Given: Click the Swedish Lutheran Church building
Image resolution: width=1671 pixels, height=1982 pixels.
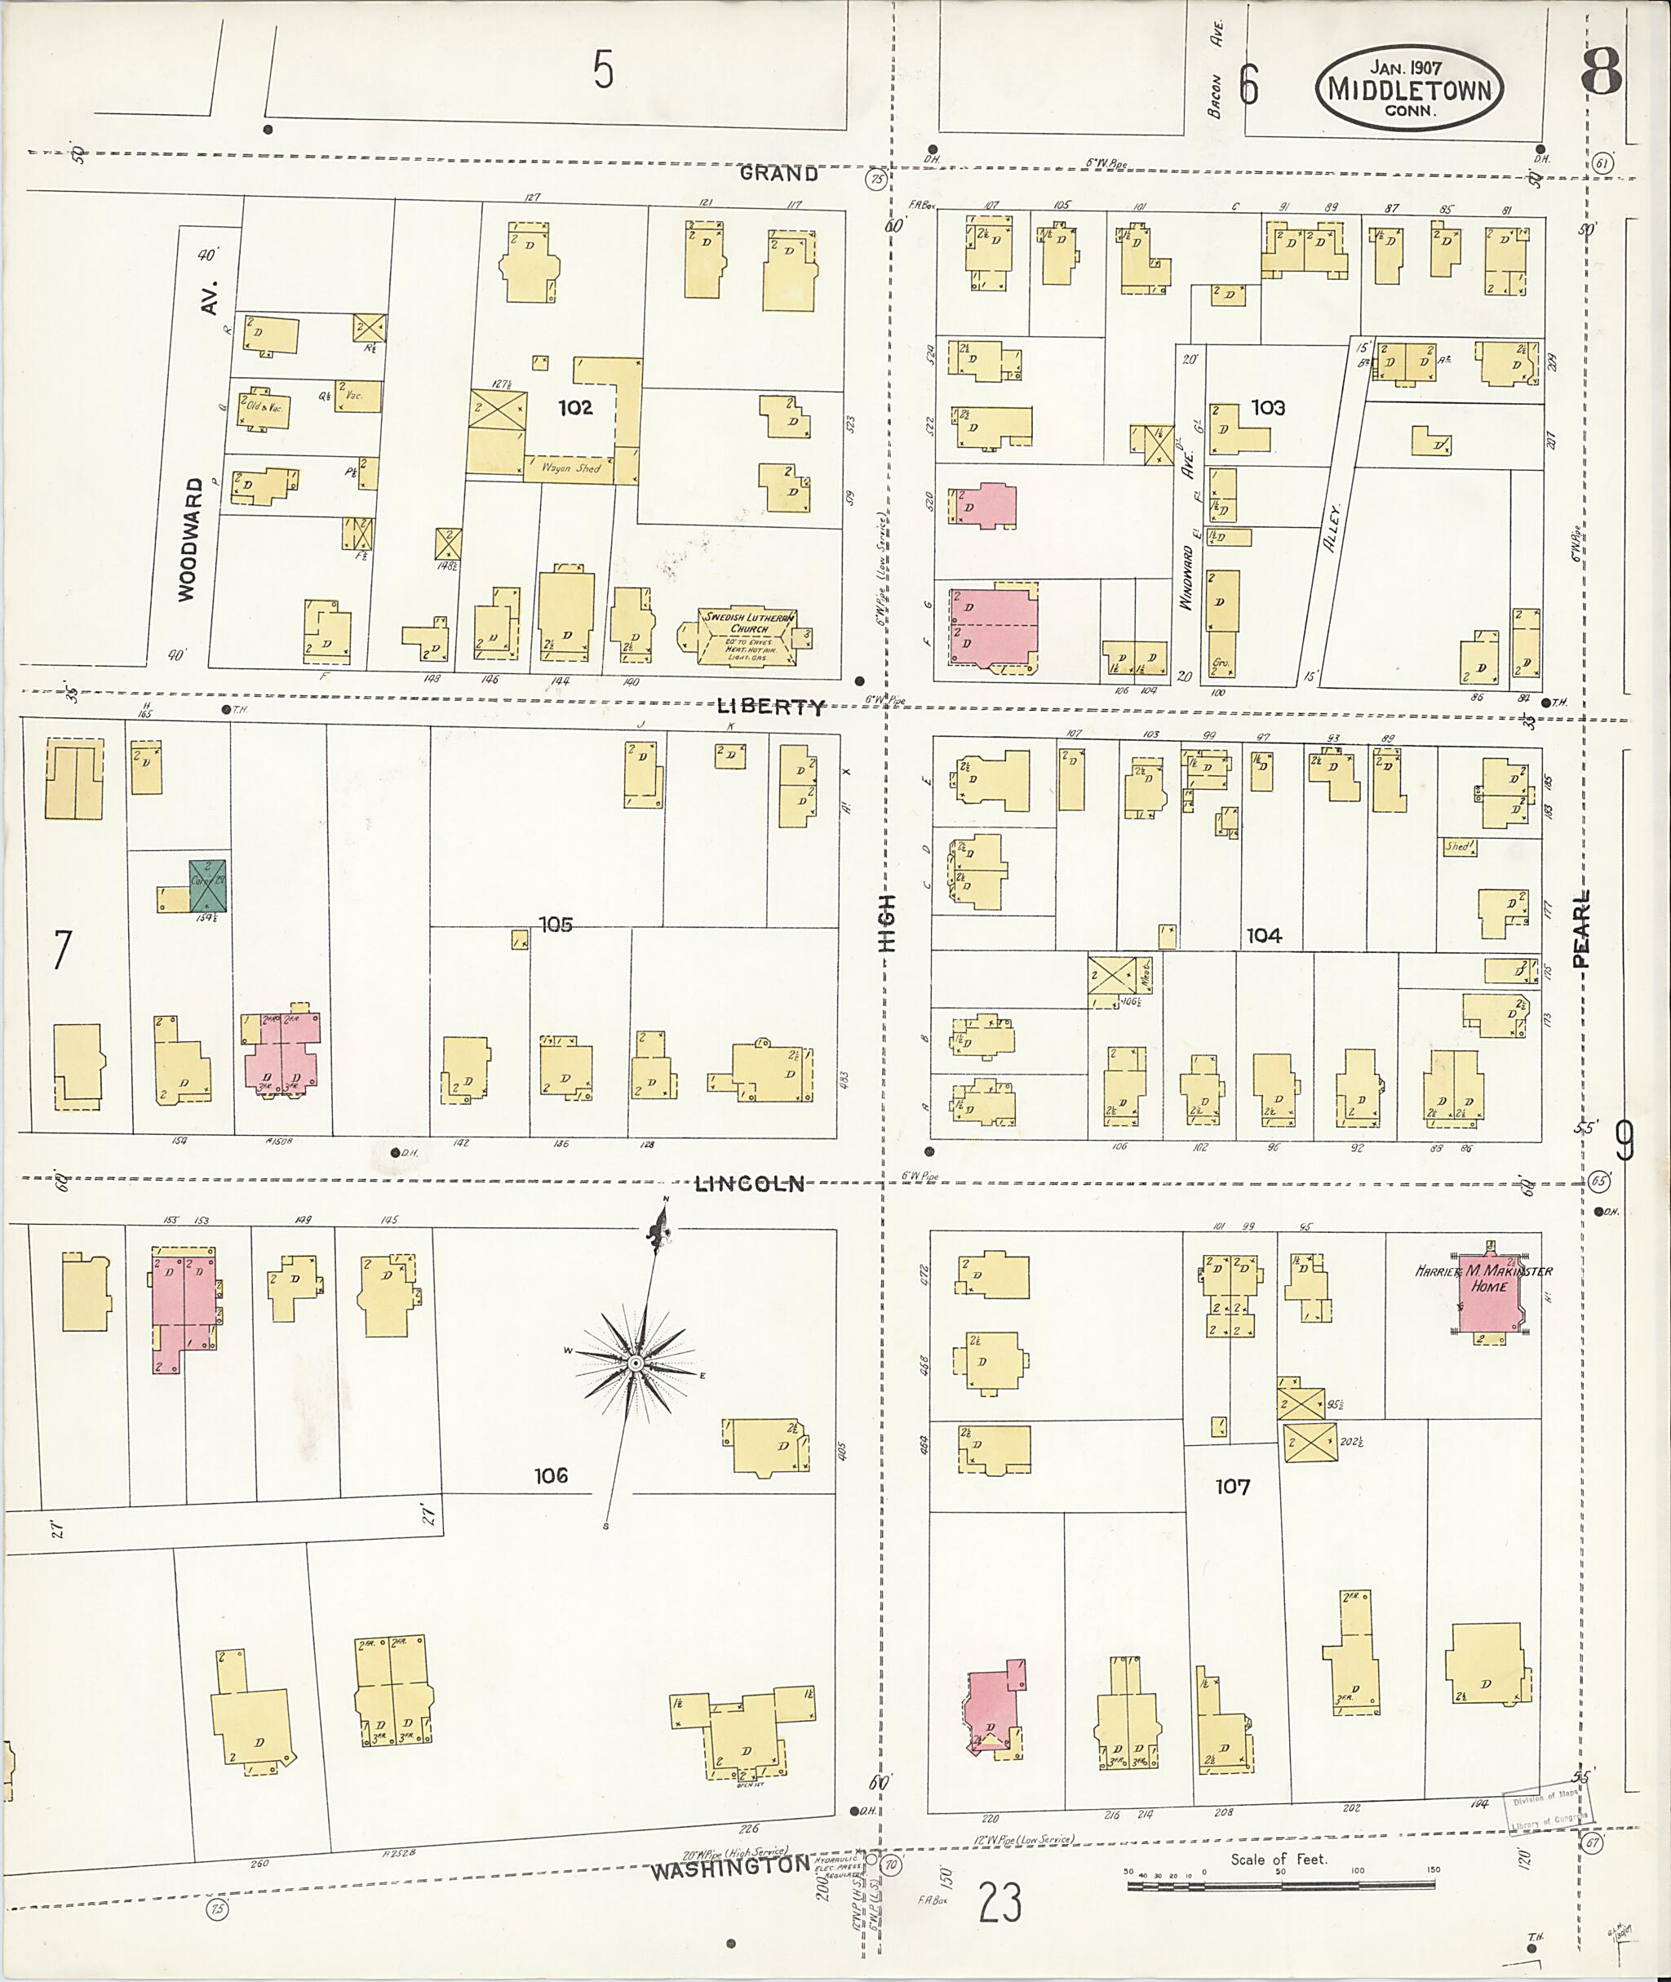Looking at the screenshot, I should click(747, 636).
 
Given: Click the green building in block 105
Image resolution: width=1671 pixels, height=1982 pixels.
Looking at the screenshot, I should click(207, 886).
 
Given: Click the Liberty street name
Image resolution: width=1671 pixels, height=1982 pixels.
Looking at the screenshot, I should click(770, 707).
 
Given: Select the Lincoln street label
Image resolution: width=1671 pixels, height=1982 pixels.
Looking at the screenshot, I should click(749, 1184).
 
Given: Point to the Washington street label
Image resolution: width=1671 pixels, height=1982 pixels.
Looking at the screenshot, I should click(730, 1869).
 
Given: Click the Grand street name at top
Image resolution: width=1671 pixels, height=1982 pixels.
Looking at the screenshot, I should click(778, 173).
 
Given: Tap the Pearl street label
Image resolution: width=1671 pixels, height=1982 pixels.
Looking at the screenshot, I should click(1580, 929).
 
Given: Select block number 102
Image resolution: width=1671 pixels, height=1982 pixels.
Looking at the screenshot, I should click(575, 407).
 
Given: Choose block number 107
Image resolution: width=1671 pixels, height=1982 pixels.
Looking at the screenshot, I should click(1232, 1487).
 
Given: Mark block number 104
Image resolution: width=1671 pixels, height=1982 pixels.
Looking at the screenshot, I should click(1264, 936).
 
